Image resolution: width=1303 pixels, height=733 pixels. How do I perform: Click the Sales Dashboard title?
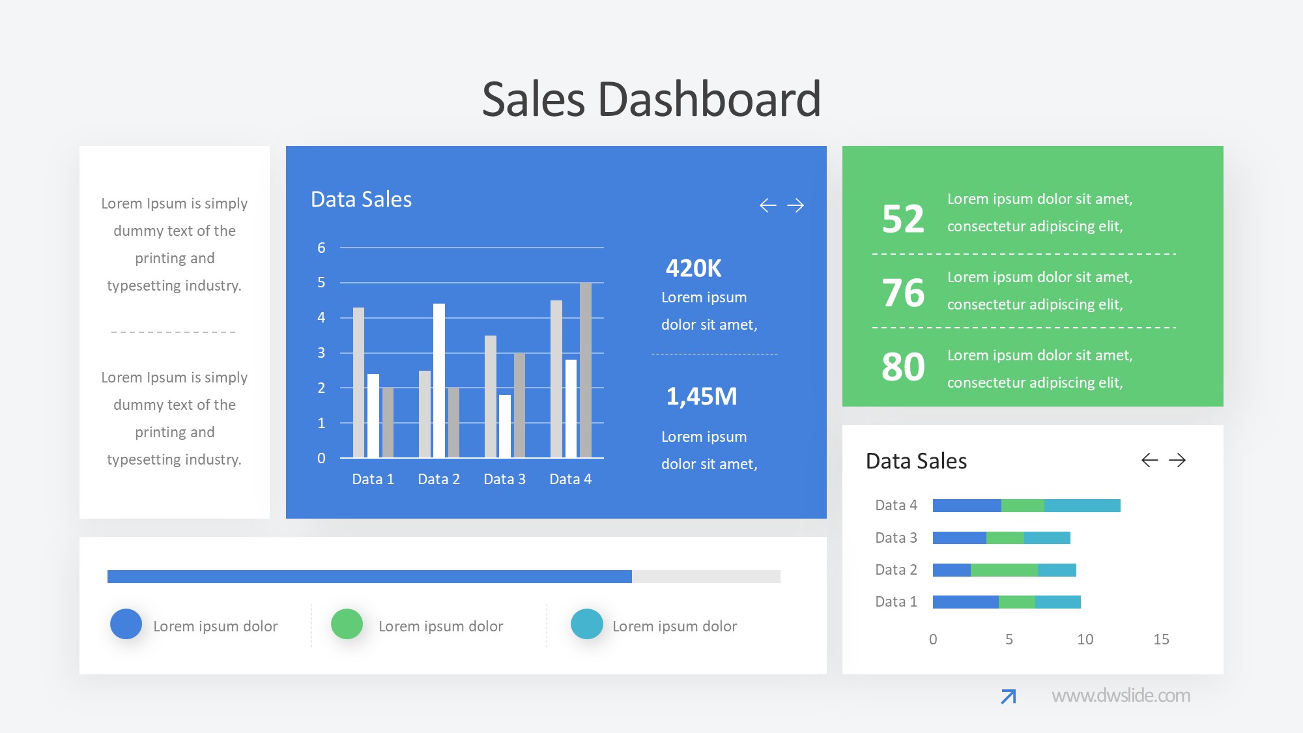651,100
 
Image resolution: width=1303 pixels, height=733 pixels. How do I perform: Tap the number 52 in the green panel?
903,219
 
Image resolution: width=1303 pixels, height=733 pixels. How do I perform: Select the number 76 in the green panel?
903,293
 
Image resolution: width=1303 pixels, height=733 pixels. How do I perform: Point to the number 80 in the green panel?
903,367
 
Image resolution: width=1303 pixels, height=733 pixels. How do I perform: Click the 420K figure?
693,268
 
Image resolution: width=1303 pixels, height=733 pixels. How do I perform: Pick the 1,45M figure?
701,396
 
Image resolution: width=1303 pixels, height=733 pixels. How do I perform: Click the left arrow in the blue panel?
768,206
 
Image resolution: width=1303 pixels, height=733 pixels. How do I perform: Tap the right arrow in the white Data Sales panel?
1177,461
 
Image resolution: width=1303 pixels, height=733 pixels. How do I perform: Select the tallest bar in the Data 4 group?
585,370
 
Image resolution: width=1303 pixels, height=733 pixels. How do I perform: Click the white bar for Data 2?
439,381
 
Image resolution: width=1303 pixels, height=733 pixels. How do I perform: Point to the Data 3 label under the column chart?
504,480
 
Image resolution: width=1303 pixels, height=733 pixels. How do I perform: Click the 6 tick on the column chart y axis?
321,248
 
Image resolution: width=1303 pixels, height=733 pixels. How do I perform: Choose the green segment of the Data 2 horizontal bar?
1004,570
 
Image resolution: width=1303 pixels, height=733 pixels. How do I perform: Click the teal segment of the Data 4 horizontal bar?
1082,506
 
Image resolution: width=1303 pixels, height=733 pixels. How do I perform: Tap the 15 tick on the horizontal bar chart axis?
1161,640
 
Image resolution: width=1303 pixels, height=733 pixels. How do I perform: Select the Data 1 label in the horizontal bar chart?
896,602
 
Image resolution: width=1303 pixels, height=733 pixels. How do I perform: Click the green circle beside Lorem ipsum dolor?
347,624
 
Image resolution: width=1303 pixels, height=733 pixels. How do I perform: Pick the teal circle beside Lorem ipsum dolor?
586,624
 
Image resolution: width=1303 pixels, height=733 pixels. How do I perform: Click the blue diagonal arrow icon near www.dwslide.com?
1008,697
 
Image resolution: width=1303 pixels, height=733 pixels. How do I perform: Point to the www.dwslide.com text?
1121,696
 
